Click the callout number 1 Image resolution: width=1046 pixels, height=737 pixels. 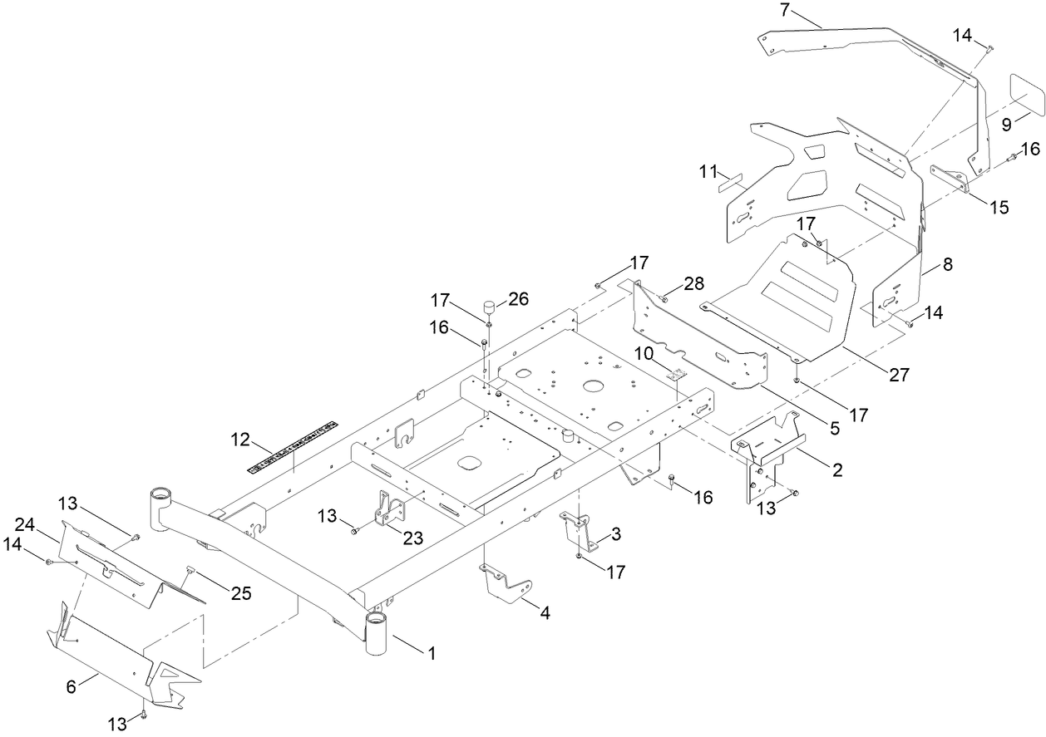(431, 653)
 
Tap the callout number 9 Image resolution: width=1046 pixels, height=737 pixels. (1007, 125)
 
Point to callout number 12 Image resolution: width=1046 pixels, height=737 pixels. (240, 438)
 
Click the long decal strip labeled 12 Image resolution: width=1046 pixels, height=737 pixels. (293, 447)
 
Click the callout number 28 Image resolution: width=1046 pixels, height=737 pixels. (694, 285)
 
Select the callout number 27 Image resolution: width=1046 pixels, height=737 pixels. (899, 375)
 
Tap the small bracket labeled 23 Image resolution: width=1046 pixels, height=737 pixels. (387, 512)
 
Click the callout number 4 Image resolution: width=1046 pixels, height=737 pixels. (545, 613)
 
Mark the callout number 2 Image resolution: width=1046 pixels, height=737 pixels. (836, 470)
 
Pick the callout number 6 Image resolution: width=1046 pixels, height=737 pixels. (72, 686)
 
